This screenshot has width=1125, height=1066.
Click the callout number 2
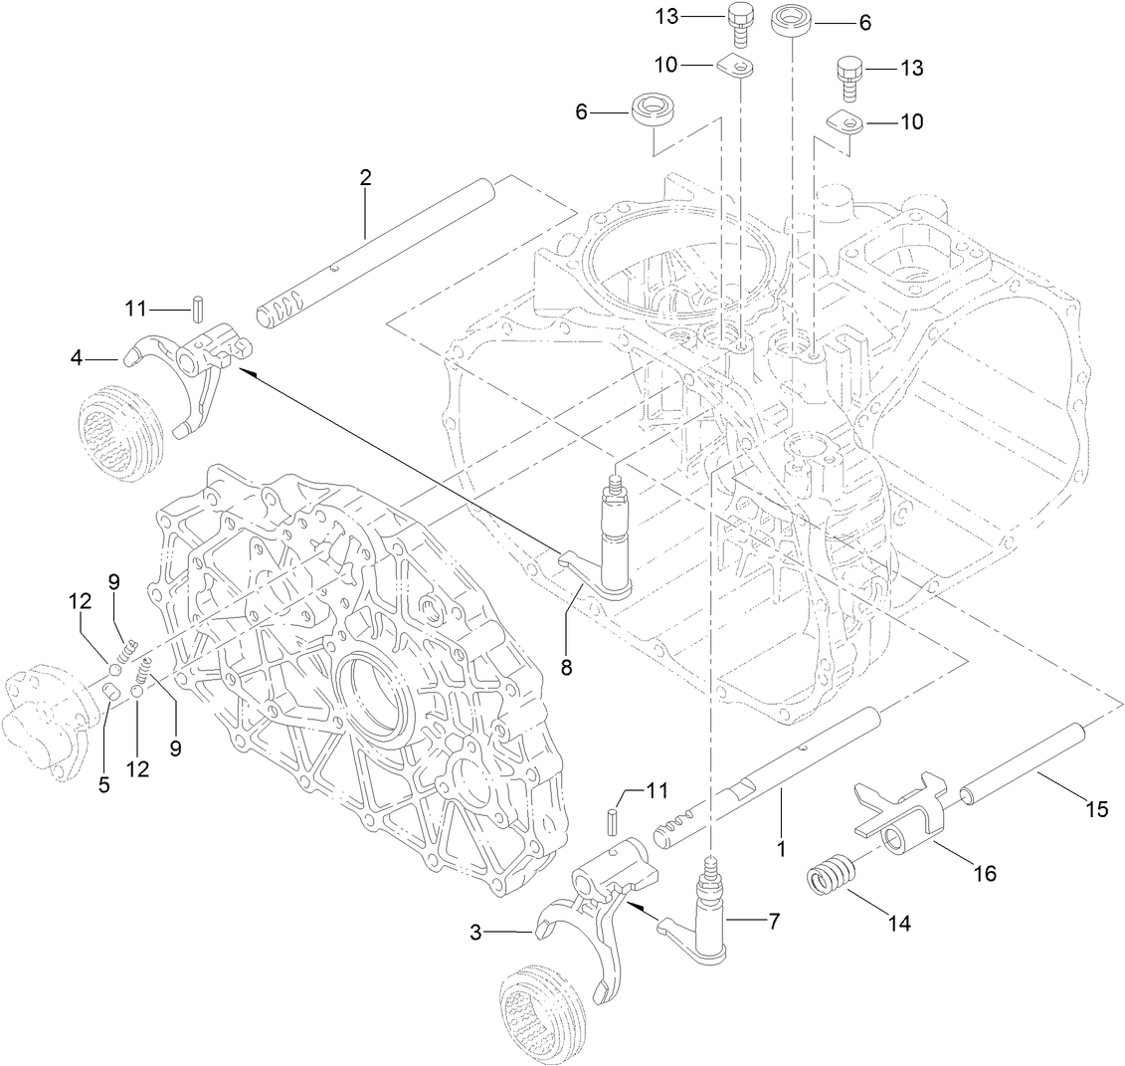(x=365, y=178)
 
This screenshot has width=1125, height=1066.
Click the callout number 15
(x=1096, y=809)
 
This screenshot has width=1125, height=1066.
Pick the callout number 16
(x=984, y=874)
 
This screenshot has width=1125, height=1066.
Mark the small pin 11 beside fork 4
(x=198, y=307)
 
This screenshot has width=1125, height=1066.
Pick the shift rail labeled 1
(x=756, y=786)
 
